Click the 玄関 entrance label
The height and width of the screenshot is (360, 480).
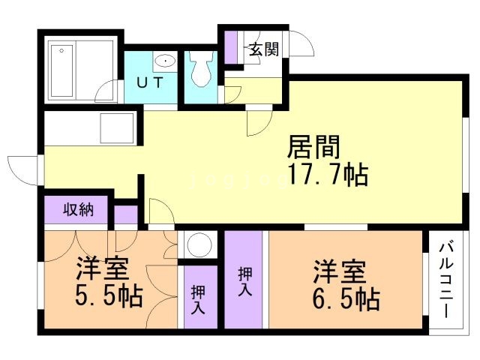(x=263, y=49)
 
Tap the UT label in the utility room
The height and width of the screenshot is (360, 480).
(x=150, y=83)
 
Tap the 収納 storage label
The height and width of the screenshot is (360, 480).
(x=78, y=209)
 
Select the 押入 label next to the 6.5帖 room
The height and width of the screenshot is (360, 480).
(x=244, y=280)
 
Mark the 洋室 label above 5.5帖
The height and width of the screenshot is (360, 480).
(x=101, y=268)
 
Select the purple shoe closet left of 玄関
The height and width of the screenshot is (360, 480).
(x=231, y=49)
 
